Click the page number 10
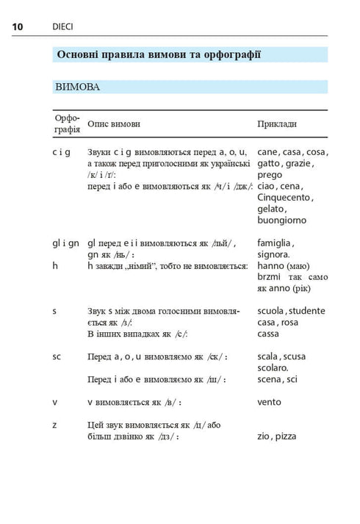click(x=18, y=27)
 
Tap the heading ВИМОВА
click(x=77, y=87)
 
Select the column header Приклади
click(x=277, y=124)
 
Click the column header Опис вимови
click(x=113, y=124)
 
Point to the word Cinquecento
click(x=284, y=197)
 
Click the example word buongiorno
click(x=282, y=220)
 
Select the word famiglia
click(x=276, y=243)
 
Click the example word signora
click(x=273, y=254)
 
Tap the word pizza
click(x=285, y=436)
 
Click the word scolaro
click(x=273, y=367)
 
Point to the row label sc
click(x=57, y=356)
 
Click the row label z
click(x=54, y=425)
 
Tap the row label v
click(x=54, y=402)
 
